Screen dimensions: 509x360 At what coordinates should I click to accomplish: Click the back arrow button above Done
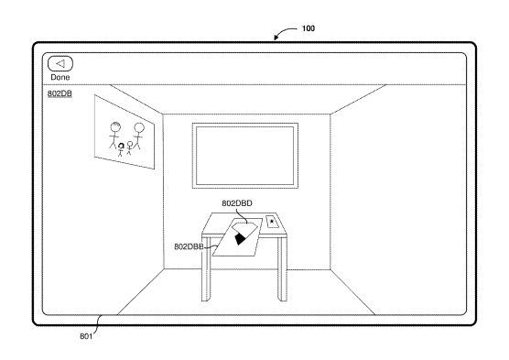60,64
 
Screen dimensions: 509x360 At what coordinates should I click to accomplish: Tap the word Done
60,77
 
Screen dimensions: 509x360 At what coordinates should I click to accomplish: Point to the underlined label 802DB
60,93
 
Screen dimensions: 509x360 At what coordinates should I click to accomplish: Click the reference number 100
309,28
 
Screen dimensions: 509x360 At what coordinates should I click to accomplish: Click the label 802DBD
237,203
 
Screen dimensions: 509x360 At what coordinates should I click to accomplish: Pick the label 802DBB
189,247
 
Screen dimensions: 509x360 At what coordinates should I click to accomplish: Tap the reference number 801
86,336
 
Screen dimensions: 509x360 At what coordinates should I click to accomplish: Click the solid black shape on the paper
240,239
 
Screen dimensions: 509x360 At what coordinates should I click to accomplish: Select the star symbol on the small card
272,222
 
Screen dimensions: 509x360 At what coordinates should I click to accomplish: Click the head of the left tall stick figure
115,126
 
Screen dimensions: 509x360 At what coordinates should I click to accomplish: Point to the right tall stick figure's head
138,127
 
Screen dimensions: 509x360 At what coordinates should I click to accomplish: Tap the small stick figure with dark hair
121,149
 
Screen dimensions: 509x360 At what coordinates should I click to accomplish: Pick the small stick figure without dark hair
129,147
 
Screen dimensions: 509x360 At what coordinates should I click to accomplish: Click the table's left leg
206,269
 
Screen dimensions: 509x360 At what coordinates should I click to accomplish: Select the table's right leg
282,269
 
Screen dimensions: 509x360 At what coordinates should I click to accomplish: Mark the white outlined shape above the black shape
245,228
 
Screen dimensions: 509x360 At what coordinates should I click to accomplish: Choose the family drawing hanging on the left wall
125,132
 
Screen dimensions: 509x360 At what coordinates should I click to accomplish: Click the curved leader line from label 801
98,323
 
